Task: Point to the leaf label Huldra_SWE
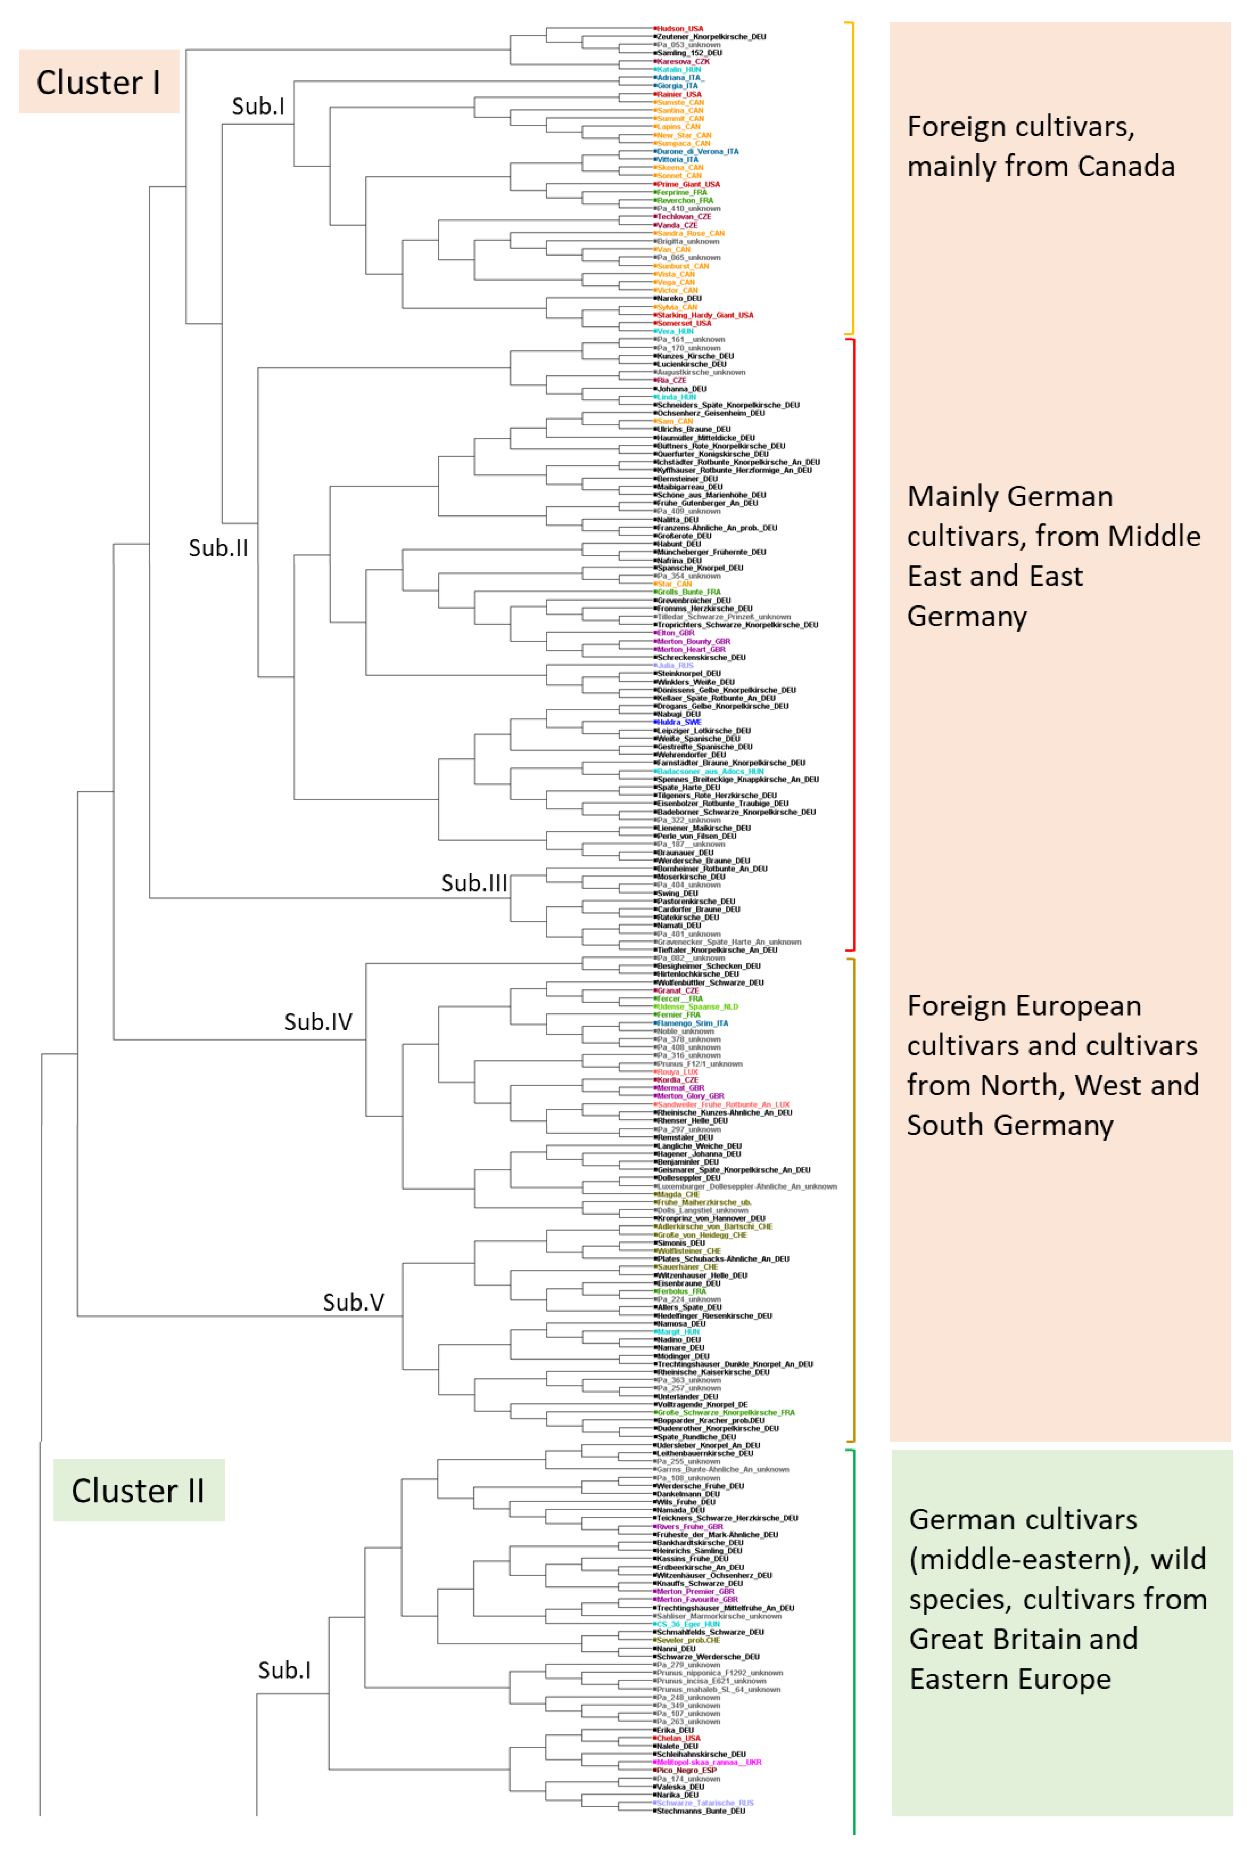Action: (678, 722)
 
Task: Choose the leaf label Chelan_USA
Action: (678, 1739)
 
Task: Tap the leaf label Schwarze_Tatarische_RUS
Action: (705, 1804)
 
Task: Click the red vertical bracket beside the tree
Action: (853, 645)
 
